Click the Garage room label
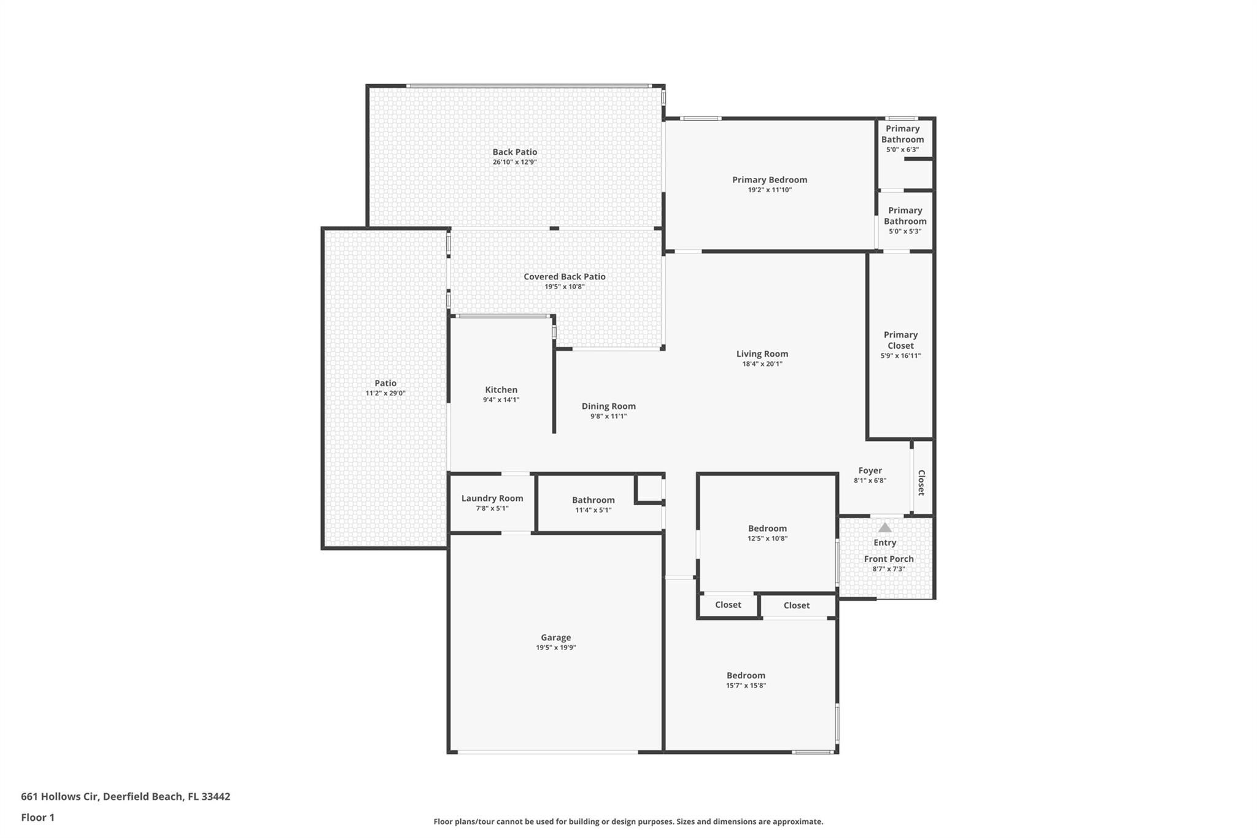pyautogui.click(x=556, y=637)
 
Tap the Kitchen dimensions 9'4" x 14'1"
pyautogui.click(x=501, y=400)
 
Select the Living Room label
pyautogui.click(x=762, y=354)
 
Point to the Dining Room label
pyautogui.click(x=609, y=406)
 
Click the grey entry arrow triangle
pyautogui.click(x=884, y=527)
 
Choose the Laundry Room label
pyautogui.click(x=492, y=499)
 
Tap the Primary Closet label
pyautogui.click(x=900, y=340)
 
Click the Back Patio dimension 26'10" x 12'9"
pyautogui.click(x=515, y=162)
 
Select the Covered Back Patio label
pyautogui.click(x=565, y=276)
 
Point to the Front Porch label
pyautogui.click(x=889, y=559)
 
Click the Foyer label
pyautogui.click(x=870, y=470)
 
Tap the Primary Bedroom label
pyautogui.click(x=770, y=179)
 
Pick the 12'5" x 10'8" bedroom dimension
pyautogui.click(x=767, y=538)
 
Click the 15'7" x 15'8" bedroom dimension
pyautogui.click(x=746, y=686)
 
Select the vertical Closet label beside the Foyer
pyautogui.click(x=921, y=483)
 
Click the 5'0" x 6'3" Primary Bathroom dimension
pyautogui.click(x=902, y=150)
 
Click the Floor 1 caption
pyautogui.click(x=37, y=817)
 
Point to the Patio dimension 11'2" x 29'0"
pyautogui.click(x=385, y=393)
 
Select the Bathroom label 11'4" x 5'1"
pyautogui.click(x=593, y=500)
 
